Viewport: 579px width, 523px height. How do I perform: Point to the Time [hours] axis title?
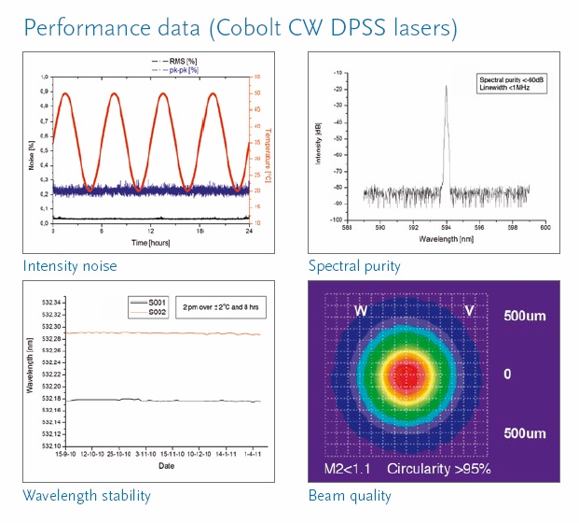pos(151,242)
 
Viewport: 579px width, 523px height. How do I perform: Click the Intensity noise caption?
pos(70,266)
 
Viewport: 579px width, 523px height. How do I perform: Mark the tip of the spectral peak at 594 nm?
pos(446,86)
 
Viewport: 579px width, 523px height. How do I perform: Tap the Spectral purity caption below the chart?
pos(354,266)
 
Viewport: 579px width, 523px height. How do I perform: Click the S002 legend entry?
pos(148,313)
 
